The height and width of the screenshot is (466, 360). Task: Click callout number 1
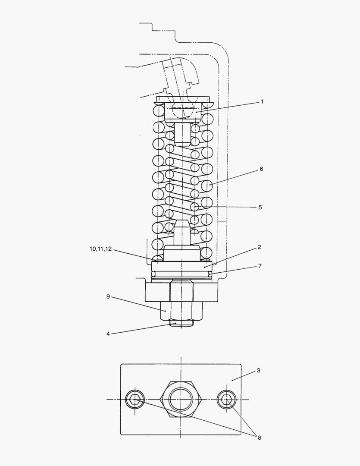coord(262,102)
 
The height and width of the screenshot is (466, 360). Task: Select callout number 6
coord(261,169)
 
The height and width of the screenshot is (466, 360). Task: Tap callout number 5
coord(260,207)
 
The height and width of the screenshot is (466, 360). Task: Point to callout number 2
coord(259,247)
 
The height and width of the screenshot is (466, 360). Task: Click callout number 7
coord(260,266)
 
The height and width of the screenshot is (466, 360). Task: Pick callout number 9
coord(108,296)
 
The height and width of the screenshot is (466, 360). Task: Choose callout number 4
coord(108,334)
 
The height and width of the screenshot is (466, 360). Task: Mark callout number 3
coord(259,370)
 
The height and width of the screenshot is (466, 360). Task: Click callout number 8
coord(259,438)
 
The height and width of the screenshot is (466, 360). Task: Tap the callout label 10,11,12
coord(101,249)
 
